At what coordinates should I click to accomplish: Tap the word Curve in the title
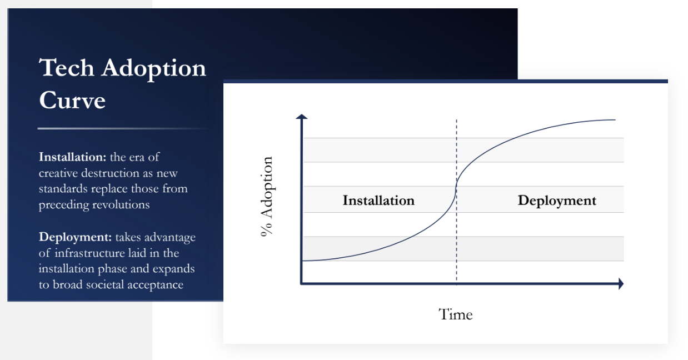[72, 101]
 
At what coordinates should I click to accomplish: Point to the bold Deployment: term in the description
[75, 237]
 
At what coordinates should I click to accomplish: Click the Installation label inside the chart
[378, 200]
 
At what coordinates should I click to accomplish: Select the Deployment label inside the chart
[556, 200]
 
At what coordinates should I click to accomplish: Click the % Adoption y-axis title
[267, 197]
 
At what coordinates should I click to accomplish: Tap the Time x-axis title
[456, 314]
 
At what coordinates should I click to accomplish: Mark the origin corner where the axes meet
[301, 284]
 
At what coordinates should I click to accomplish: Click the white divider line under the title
[122, 128]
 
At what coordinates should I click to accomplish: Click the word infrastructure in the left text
[96, 253]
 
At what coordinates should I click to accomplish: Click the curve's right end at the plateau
[615, 119]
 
